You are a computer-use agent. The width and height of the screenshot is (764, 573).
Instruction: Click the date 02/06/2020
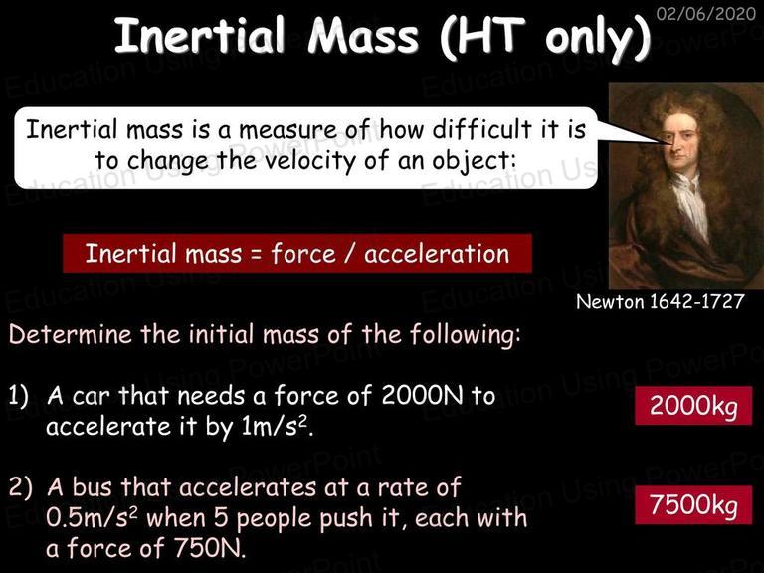(x=706, y=13)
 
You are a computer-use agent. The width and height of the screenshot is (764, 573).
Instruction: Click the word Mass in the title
(x=363, y=35)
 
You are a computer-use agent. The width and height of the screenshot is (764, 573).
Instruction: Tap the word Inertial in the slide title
(x=199, y=35)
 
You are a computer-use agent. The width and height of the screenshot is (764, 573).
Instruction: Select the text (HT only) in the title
(x=545, y=38)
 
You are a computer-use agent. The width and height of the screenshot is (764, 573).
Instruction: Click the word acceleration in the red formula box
(x=437, y=254)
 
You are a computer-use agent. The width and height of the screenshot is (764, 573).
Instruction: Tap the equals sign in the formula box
(x=257, y=255)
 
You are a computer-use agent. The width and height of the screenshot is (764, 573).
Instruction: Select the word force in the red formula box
(x=303, y=254)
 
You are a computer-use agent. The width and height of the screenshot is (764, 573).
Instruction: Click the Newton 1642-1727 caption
(x=661, y=302)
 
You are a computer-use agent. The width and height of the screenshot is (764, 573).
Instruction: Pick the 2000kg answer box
(x=693, y=406)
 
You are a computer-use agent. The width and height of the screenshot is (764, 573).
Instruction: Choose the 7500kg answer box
(x=693, y=504)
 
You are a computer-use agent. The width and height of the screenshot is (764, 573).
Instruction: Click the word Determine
(x=71, y=334)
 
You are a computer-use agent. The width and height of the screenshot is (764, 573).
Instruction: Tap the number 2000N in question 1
(x=423, y=395)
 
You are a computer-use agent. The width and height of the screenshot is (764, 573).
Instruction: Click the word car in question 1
(x=91, y=396)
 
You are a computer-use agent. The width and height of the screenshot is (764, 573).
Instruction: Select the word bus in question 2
(x=93, y=486)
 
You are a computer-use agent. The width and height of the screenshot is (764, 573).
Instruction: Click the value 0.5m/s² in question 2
(x=93, y=518)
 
